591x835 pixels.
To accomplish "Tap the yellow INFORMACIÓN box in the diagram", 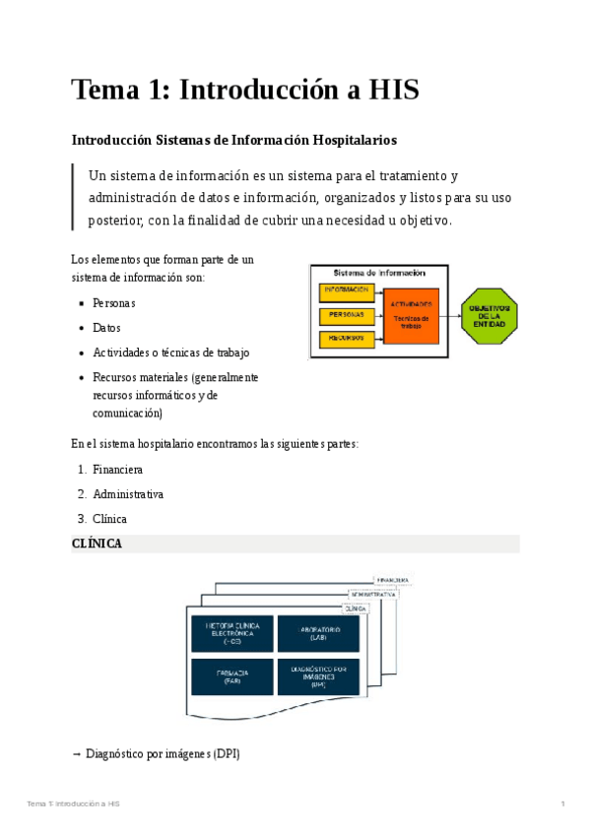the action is click(x=345, y=290).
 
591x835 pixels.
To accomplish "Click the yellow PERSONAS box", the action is click(x=345, y=315).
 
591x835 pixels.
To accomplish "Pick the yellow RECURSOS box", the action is click(x=345, y=339).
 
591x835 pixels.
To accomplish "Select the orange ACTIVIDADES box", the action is click(x=411, y=315).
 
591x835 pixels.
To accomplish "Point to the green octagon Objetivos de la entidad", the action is click(x=490, y=315).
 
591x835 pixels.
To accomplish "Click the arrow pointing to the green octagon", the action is click(x=450, y=316).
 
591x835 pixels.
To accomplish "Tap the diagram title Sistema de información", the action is click(x=379, y=273).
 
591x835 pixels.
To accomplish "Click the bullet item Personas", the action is click(x=113, y=303).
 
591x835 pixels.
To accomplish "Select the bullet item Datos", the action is click(x=106, y=328).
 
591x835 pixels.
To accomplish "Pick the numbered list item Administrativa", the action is click(x=127, y=494).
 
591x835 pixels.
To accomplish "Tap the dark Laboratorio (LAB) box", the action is click(x=317, y=633).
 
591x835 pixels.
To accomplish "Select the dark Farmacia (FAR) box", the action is click(x=231, y=676).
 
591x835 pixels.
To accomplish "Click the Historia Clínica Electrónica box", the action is click(x=231, y=633).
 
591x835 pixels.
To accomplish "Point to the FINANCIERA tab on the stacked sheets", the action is click(x=391, y=580).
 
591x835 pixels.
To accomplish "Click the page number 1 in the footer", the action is click(x=562, y=805).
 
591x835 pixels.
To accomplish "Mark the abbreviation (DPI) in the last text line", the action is click(x=227, y=754).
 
